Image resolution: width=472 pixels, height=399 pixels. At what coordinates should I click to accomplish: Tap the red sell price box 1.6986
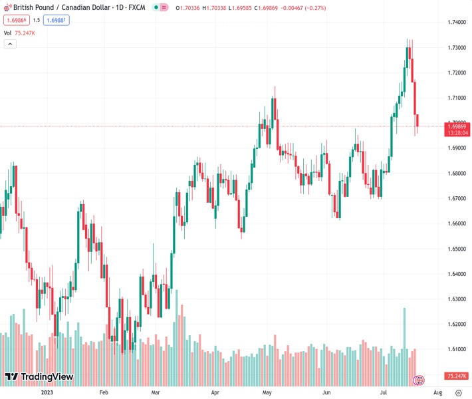(15, 20)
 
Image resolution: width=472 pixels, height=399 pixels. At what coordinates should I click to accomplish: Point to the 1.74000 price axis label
(456, 23)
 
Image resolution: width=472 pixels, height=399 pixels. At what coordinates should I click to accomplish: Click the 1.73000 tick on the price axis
(456, 48)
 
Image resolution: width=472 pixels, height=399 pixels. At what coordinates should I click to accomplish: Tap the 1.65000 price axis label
(456, 249)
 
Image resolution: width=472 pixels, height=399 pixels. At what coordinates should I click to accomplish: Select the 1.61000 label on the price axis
(456, 349)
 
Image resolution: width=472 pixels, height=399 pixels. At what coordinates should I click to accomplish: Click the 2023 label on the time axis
(47, 393)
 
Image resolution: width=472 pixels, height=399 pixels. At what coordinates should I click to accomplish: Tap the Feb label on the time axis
(104, 393)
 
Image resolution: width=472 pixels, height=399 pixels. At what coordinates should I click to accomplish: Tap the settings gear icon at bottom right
(459, 393)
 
